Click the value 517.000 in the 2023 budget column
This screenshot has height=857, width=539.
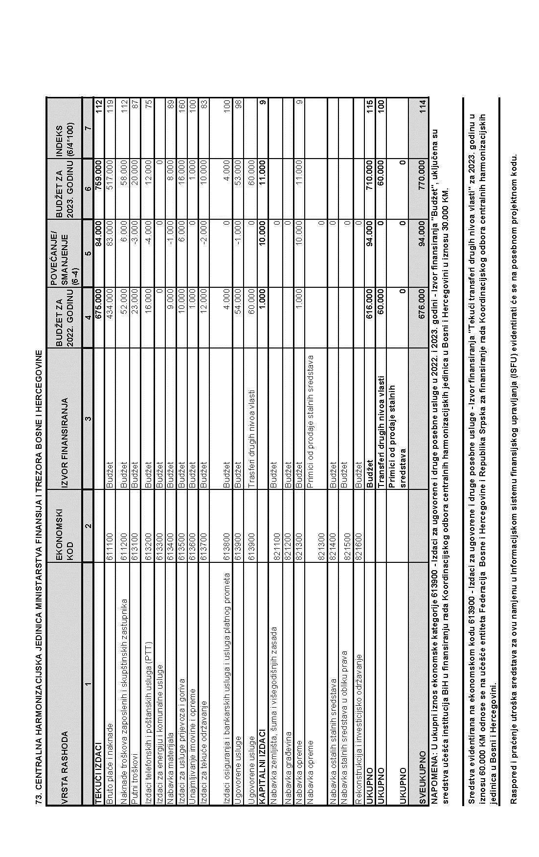coord(111,175)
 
